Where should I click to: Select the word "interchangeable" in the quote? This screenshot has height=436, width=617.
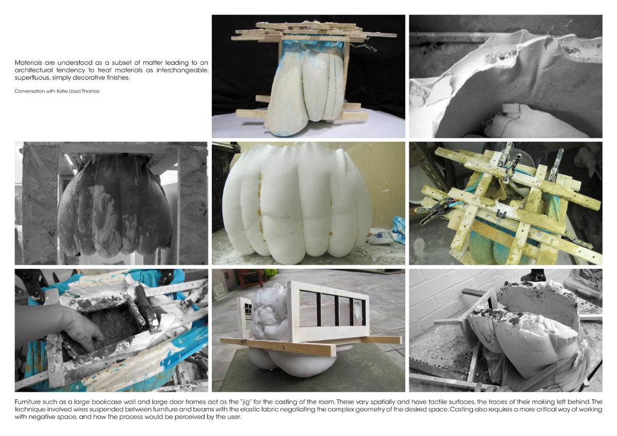coord(182,70)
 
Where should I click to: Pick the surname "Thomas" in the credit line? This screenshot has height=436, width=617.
coord(90,91)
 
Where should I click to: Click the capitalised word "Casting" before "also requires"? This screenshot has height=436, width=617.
coord(461,410)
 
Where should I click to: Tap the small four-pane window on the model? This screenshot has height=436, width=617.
coord(248,309)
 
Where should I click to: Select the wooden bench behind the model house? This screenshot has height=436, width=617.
coord(249,278)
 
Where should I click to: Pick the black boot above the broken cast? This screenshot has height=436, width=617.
coord(534,275)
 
